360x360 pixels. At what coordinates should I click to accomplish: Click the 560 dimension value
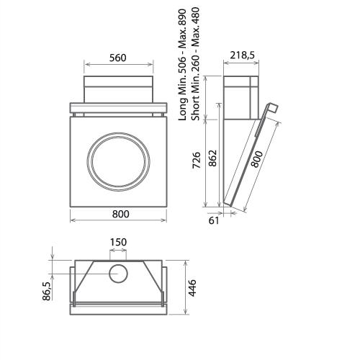(120, 59)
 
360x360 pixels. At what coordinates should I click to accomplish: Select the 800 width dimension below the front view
(120, 214)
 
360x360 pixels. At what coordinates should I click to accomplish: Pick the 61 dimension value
(214, 221)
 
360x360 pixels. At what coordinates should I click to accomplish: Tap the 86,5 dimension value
(47, 291)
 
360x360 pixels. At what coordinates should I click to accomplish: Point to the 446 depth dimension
(193, 289)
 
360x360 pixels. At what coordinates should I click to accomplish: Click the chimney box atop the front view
(120, 90)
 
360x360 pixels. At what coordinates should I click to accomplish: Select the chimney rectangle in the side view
(239, 97)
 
